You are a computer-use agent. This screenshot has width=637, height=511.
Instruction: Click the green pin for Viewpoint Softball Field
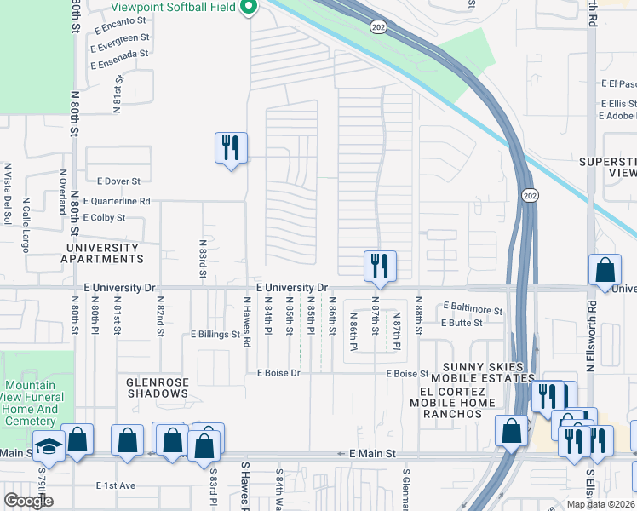(x=250, y=8)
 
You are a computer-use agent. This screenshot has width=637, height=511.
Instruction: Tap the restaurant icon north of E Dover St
(x=231, y=147)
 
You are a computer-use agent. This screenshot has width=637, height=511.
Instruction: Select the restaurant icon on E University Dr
(x=379, y=266)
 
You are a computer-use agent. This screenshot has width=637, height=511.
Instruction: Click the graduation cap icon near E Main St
(x=49, y=445)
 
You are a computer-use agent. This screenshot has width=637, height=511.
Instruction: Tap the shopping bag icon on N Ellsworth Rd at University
(x=604, y=271)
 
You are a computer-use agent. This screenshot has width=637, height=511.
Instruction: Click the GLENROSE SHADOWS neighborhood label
(x=158, y=388)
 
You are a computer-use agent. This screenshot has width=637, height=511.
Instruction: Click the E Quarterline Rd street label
(x=117, y=202)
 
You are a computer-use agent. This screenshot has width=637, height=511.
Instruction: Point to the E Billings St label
(x=215, y=335)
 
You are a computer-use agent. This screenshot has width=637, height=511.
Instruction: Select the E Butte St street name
(x=462, y=323)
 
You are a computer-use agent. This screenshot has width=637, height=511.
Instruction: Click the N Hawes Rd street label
(x=247, y=322)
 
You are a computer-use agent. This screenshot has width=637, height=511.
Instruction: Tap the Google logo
(x=28, y=500)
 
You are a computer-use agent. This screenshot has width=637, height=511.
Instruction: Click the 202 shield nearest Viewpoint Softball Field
(x=377, y=27)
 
